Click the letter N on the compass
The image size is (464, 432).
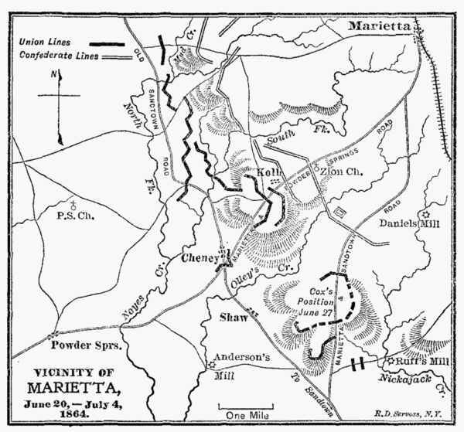coord(52,75)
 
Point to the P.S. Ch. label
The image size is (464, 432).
coord(75,216)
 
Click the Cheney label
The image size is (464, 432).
coord(200,260)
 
